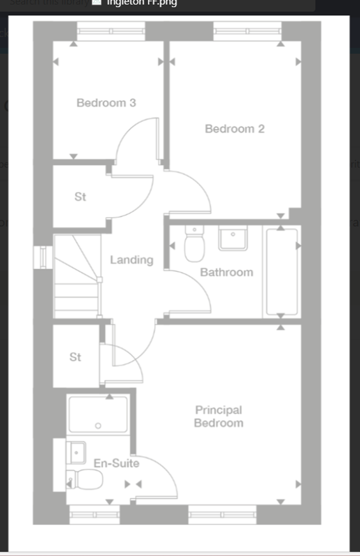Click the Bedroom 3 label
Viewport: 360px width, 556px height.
pos(106,103)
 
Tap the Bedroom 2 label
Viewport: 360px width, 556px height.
pos(234,129)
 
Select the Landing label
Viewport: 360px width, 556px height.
pos(131,260)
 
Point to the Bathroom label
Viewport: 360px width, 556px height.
pos(226,272)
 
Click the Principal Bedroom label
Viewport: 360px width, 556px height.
pos(219,416)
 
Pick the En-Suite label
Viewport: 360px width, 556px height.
pos(116,463)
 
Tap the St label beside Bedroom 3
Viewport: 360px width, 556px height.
pos(80,197)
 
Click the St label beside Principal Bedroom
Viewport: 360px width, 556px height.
pos(75,357)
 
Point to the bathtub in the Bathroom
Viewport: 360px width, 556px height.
pos(281,272)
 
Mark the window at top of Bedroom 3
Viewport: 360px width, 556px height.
pos(111,31)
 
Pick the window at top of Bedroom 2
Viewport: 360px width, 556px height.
pos(247,31)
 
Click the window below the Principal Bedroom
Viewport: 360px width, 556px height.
pos(222,515)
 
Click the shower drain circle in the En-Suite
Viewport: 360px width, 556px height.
pos(98,425)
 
